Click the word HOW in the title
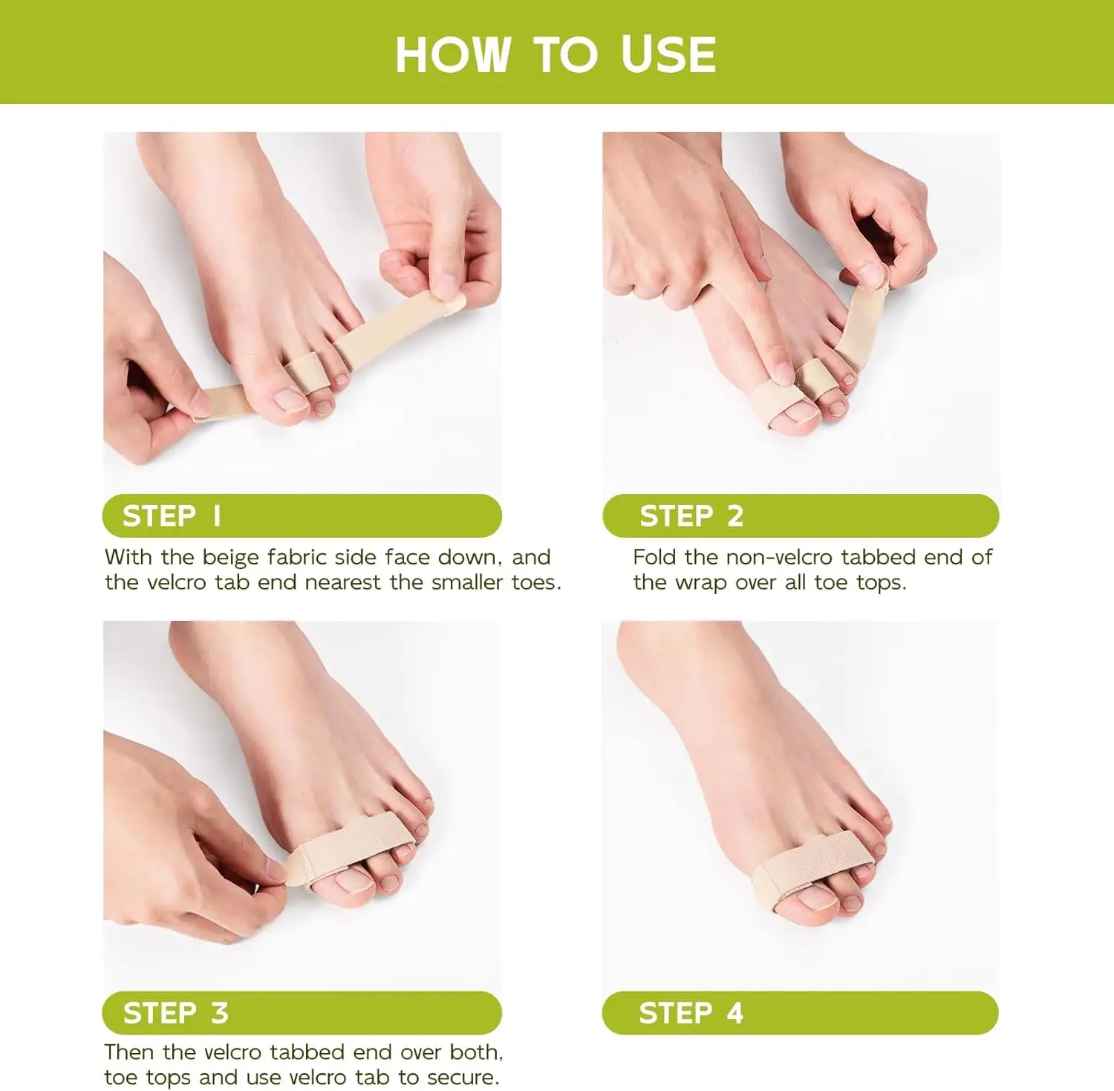[452, 55]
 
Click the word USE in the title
[668, 55]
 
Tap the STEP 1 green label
[302, 515]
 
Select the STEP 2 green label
[800, 515]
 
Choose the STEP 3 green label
[302, 1012]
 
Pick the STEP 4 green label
[800, 1012]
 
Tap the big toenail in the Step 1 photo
[292, 401]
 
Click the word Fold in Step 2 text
[654, 557]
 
